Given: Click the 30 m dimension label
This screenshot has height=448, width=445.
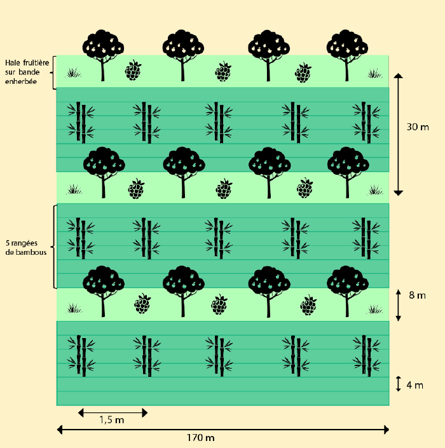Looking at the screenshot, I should coord(418,127).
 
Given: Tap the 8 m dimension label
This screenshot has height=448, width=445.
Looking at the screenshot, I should coord(418,295).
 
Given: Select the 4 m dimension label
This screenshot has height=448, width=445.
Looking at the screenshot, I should coord(414,385).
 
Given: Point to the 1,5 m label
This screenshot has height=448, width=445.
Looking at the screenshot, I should coord(112,421).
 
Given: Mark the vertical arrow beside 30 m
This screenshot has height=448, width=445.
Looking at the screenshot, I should coord(399,134).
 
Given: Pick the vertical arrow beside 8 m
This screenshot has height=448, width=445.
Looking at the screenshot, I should coord(399,305).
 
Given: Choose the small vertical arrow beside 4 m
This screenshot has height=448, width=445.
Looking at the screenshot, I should coord(399,384).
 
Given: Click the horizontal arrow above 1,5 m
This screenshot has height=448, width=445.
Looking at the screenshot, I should coord(113,412).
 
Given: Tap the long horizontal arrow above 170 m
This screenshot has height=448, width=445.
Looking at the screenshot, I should coord(222,430).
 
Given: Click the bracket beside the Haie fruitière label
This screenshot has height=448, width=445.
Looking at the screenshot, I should coord(54,72).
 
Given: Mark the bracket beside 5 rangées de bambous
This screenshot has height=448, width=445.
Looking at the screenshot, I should coord(54,246).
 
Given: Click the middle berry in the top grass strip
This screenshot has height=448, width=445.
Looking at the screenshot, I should coord(222,71).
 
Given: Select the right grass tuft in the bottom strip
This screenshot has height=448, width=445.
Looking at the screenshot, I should coord(375,309).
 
